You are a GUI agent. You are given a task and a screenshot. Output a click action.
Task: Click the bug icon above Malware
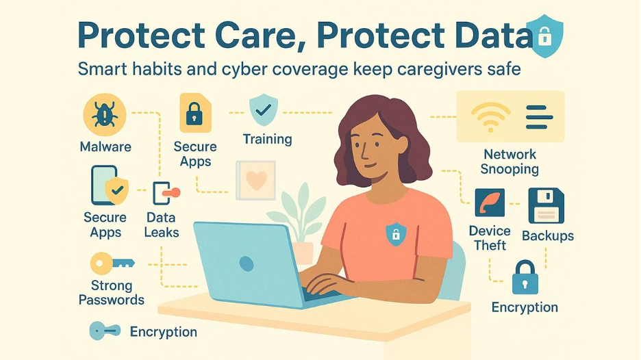pos(105,115)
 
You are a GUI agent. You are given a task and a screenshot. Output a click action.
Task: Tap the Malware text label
pos(105,146)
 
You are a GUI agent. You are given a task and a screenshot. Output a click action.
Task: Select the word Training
pos(267,139)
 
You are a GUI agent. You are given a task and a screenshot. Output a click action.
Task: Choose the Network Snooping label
pos(510,162)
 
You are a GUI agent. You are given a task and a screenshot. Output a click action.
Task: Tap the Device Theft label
pos(490,237)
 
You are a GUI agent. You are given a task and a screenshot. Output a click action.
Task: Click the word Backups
pos(548,236)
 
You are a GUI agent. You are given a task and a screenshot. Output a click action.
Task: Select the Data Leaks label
pos(162,224)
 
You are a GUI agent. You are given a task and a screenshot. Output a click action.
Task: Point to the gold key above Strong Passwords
pos(112,263)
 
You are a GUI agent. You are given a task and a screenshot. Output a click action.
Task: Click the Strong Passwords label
pos(112,292)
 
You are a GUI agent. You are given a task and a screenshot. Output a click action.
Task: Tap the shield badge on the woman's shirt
pos(395,233)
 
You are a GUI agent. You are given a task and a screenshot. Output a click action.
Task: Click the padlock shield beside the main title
pos(544,35)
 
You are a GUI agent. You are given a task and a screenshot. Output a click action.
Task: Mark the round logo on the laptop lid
pos(246,263)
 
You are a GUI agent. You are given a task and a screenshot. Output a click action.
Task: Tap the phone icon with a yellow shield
pos(108,185)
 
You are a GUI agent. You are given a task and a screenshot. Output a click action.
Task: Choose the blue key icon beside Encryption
pos(105,331)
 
